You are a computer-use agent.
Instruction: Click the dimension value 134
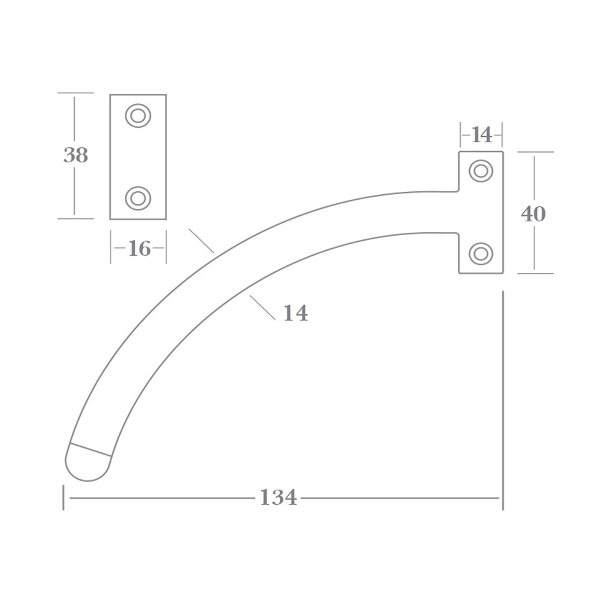pyautogui.click(x=278, y=497)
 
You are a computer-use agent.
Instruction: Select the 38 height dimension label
pyautogui.click(x=75, y=156)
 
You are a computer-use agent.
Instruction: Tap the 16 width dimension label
pyautogui.click(x=139, y=248)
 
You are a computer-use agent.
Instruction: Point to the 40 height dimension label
pyautogui.click(x=533, y=214)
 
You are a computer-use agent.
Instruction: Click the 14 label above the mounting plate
pyautogui.click(x=481, y=135)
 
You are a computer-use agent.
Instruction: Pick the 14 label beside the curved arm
pyautogui.click(x=295, y=314)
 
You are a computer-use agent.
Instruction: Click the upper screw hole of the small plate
pyautogui.click(x=138, y=116)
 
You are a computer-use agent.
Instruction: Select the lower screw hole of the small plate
pyautogui.click(x=138, y=198)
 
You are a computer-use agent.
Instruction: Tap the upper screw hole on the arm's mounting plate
pyautogui.click(x=481, y=171)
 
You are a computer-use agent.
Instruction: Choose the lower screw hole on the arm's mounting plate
pyautogui.click(x=481, y=254)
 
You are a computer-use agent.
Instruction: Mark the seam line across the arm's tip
pyautogui.click(x=91, y=449)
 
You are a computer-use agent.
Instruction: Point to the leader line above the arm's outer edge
pyautogui.click(x=201, y=241)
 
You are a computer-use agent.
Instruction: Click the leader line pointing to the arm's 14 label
pyautogui.click(x=262, y=308)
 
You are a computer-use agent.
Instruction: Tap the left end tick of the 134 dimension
pyautogui.click(x=63, y=497)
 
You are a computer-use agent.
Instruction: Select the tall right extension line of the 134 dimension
pyautogui.click(x=503, y=398)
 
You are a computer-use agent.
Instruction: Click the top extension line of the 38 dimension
pyautogui.click(x=75, y=93)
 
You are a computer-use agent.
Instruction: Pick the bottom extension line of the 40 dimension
pyautogui.click(x=535, y=273)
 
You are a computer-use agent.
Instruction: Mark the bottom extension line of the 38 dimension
pyautogui.click(x=75, y=219)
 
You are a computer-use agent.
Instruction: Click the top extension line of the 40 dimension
pyautogui.click(x=535, y=152)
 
